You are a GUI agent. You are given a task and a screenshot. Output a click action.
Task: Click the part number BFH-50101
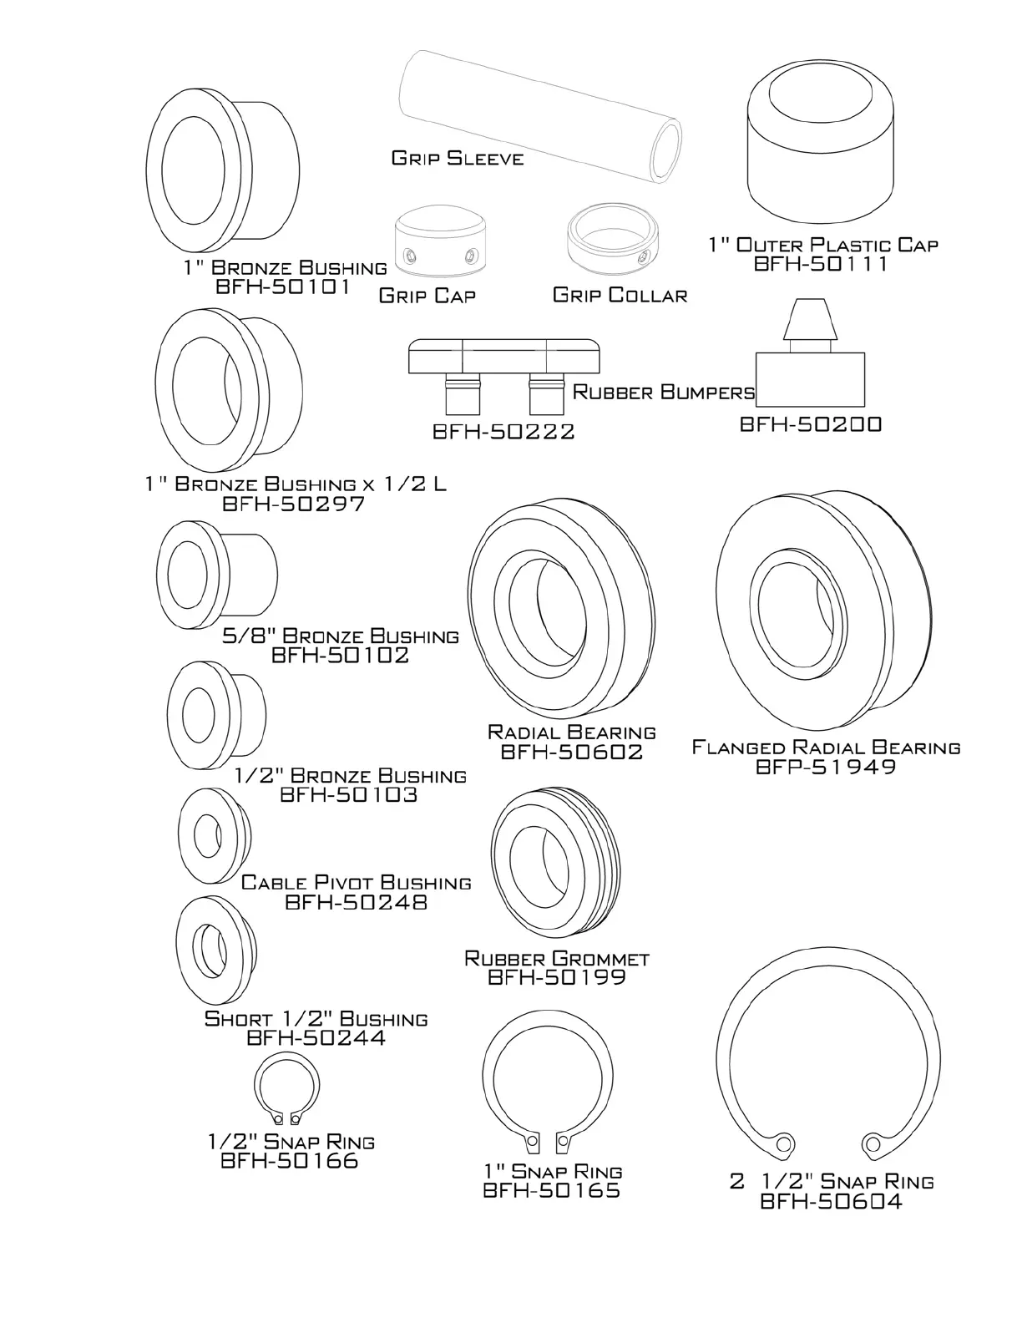[x=283, y=287]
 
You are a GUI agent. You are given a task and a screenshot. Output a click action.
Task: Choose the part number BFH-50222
[x=503, y=432]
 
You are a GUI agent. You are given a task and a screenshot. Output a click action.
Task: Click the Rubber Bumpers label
[x=664, y=392]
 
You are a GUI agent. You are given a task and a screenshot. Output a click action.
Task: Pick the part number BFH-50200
[x=811, y=424]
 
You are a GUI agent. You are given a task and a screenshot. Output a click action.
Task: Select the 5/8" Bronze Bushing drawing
[x=216, y=574]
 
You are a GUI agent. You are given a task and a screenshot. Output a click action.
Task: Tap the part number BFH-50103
[x=349, y=794]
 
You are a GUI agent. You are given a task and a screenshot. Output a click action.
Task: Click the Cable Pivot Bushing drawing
[x=214, y=834]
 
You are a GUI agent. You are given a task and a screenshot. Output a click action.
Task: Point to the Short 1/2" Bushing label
[x=316, y=1019]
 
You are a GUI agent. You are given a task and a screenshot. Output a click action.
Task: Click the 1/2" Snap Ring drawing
[x=286, y=1091]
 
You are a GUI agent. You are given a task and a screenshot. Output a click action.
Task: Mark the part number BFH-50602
[x=572, y=752]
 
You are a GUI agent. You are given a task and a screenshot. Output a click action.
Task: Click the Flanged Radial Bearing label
[x=826, y=747]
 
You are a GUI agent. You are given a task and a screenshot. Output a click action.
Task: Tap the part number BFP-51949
[x=826, y=767]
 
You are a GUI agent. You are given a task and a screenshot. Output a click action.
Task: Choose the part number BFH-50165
[x=552, y=1190]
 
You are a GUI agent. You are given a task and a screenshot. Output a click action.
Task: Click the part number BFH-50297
[x=294, y=504]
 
